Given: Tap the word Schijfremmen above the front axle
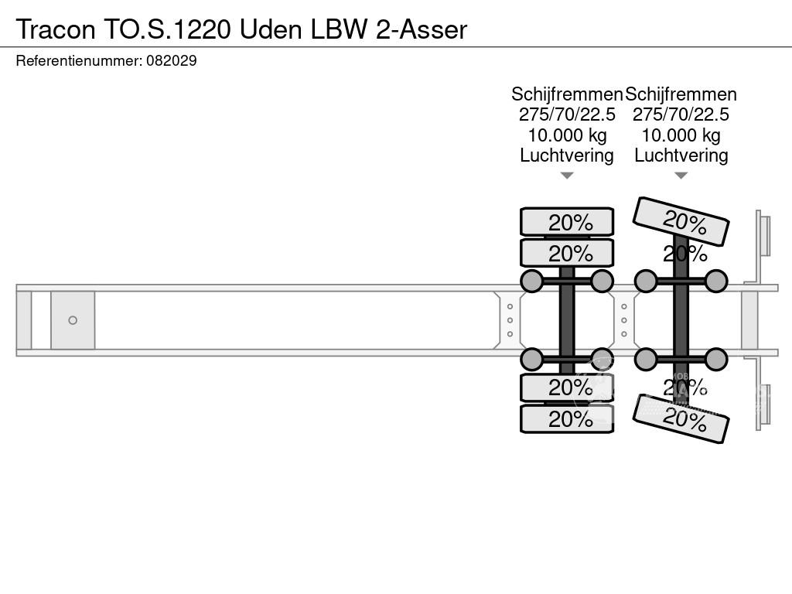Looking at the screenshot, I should (x=567, y=94).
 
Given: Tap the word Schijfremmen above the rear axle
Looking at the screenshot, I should (x=681, y=94).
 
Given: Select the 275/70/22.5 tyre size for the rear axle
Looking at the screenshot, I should (x=681, y=114).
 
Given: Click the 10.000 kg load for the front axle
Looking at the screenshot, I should (x=567, y=135).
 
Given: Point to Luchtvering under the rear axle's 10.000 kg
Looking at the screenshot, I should (x=681, y=155).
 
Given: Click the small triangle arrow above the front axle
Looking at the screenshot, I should (x=567, y=176).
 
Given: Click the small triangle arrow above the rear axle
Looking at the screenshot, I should (x=681, y=176).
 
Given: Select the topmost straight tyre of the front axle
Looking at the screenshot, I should (x=567, y=222).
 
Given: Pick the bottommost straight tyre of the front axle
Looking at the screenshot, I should (x=567, y=419).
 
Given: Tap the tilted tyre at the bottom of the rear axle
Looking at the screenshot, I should (x=681, y=419).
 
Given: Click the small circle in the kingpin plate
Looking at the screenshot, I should (x=73, y=320).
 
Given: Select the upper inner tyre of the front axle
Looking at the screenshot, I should (x=567, y=253).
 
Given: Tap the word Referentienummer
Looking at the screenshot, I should (x=77, y=60).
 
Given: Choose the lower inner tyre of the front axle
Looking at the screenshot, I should (x=567, y=387).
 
